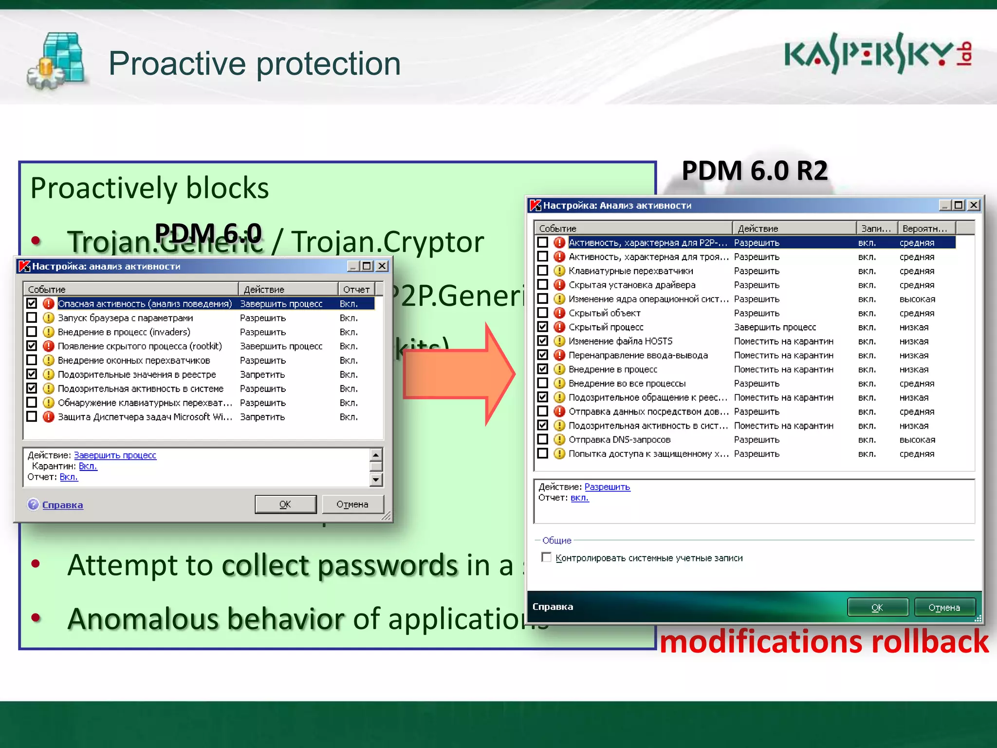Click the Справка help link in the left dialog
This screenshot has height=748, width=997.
point(62,505)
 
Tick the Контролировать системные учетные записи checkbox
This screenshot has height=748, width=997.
point(547,557)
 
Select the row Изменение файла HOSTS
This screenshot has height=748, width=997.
point(620,341)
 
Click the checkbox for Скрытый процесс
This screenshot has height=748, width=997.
point(543,327)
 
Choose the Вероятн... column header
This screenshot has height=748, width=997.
point(925,228)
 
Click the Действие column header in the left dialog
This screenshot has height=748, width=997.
point(287,289)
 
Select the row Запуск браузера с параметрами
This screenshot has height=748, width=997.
point(125,318)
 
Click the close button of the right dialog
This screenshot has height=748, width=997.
point(974,205)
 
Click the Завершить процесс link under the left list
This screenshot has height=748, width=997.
point(115,455)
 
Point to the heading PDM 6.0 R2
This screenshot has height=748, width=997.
point(755,171)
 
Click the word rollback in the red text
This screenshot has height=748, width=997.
point(930,641)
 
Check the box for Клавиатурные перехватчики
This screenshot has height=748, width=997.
point(543,270)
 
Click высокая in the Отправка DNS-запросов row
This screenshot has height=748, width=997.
point(917,440)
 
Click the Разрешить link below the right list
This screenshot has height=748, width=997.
point(607,487)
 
